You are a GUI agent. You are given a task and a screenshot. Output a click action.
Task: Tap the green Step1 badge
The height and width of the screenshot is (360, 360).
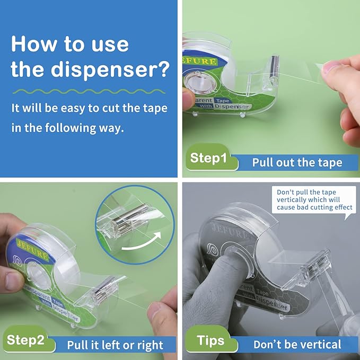tap(208, 158)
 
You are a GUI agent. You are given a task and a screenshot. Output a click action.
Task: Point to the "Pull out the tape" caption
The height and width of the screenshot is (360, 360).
tap(297, 162)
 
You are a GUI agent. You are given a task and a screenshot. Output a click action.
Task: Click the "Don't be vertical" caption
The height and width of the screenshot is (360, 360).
tap(297, 345)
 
